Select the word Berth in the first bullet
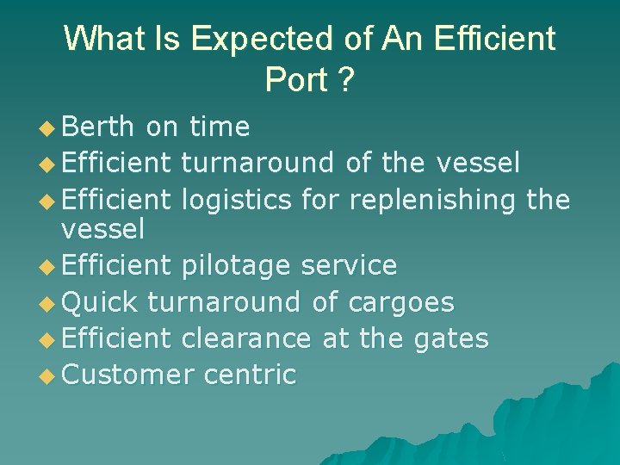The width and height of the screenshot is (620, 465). [99, 127]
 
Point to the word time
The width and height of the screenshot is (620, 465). [220, 127]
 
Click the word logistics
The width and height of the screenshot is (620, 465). [238, 200]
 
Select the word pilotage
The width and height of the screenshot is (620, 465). [238, 266]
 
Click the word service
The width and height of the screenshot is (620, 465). [349, 266]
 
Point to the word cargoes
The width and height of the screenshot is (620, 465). [401, 302]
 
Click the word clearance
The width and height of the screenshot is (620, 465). [246, 338]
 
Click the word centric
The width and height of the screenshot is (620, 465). [251, 375]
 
